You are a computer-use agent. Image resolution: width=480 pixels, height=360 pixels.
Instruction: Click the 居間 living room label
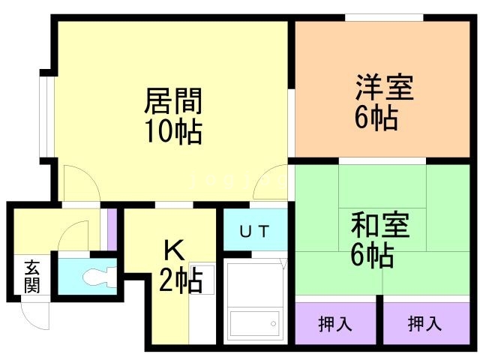(x=172, y=100)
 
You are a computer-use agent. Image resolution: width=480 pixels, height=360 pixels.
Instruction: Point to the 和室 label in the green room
(x=380, y=226)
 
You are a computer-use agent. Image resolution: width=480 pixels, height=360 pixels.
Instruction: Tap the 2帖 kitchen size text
(x=179, y=282)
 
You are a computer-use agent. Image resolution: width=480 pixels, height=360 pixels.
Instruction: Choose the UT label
(x=253, y=231)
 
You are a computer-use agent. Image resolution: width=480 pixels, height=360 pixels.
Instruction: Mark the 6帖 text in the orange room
(x=376, y=118)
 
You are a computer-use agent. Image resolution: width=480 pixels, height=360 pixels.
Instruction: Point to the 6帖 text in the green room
(x=373, y=256)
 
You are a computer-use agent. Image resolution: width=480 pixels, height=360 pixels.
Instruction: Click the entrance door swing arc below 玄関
(x=35, y=313)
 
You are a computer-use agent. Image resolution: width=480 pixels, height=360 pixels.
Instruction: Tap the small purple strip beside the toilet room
(x=112, y=228)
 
